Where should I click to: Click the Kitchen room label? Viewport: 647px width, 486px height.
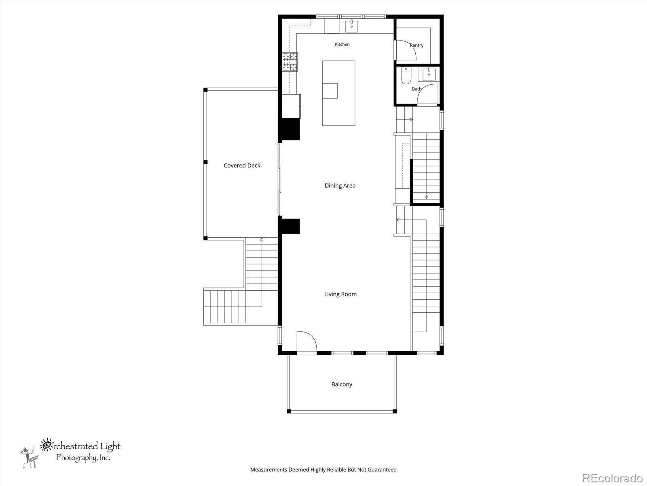click(x=342, y=44)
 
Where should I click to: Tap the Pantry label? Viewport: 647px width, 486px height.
click(x=417, y=45)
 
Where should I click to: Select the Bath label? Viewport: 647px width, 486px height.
click(x=417, y=89)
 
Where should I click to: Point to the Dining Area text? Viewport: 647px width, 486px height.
click(x=340, y=185)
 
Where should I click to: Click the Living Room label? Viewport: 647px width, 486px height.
click(x=340, y=294)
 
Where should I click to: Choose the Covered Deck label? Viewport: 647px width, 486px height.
click(x=242, y=166)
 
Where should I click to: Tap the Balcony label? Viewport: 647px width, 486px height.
click(x=342, y=384)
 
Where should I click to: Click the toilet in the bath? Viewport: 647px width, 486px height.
click(x=406, y=76)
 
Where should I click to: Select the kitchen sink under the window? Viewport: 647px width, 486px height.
click(x=351, y=26)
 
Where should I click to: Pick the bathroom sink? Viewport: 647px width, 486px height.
click(x=429, y=74)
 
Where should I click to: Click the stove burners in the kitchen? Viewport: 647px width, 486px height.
click(x=290, y=62)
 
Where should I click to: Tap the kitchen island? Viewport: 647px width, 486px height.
click(x=338, y=93)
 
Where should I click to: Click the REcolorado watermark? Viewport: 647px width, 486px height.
click(x=612, y=478)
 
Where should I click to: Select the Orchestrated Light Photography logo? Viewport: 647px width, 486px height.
click(x=71, y=453)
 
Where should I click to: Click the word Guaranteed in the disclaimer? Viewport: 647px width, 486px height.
click(x=382, y=469)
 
